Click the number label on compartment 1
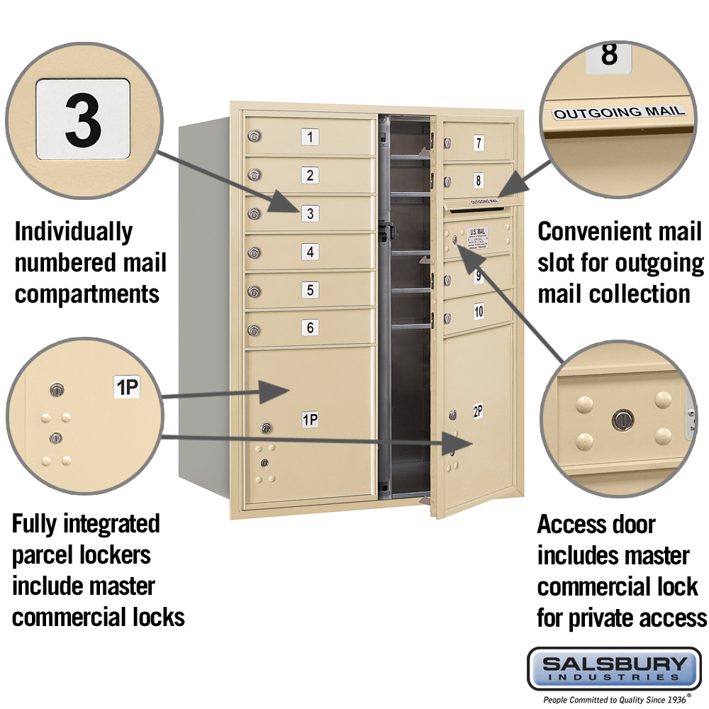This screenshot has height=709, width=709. click(310, 137)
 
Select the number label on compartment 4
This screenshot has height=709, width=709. click(310, 251)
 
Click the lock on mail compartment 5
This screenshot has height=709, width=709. click(253, 291)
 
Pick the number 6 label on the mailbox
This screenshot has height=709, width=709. click(310, 328)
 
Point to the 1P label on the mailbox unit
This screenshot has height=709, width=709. click(310, 420)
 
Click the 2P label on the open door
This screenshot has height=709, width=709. click(479, 411)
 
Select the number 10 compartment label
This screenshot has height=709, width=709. click(479, 310)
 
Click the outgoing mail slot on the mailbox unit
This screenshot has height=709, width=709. click(477, 207)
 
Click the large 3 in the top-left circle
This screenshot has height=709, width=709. click(83, 118)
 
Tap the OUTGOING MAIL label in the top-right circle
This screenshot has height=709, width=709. click(620, 112)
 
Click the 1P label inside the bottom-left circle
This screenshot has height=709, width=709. click(127, 387)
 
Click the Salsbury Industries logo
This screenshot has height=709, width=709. click(614, 668)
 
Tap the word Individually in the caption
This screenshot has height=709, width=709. click(74, 232)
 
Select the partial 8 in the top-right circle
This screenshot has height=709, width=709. click(608, 55)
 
